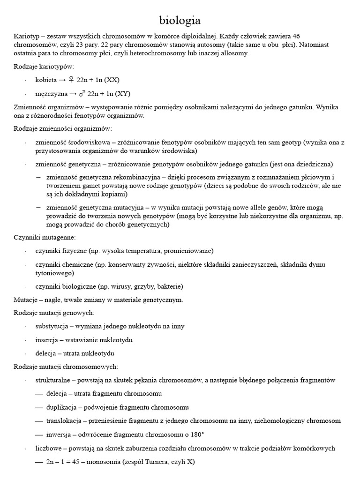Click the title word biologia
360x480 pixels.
[180, 20]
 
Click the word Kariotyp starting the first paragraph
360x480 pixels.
[26, 36]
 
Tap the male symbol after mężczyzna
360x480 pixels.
[82, 94]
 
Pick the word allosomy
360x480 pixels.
[234, 53]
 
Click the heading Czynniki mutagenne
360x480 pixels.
[44, 238]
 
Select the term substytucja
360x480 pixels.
[52, 326]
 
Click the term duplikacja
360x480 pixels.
[61, 407]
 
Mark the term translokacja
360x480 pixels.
[64, 420]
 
